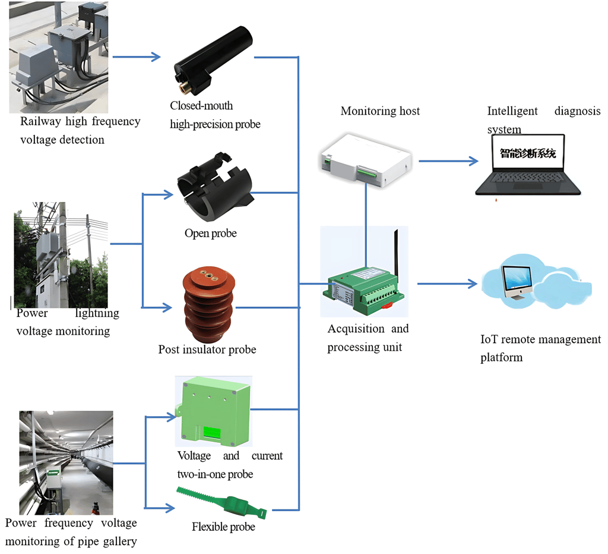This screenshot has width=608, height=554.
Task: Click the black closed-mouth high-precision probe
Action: coord(214,59)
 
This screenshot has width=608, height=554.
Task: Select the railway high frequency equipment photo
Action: coord(58,56)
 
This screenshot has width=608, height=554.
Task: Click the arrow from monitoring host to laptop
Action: coord(448,161)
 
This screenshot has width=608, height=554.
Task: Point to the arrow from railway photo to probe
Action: coord(137,58)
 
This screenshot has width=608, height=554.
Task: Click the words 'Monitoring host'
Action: coord(380,111)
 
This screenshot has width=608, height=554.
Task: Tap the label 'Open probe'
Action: coord(210,234)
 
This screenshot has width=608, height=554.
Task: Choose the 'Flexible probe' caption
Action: coord(223,527)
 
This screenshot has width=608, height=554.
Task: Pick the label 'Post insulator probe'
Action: coord(207,350)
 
